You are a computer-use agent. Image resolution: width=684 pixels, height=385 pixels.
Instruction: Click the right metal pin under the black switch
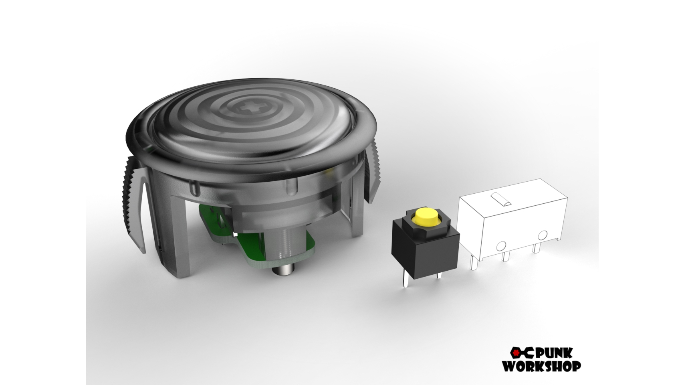coord(439,276)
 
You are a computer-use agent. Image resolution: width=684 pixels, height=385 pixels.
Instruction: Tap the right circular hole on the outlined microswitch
coord(542,235)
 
